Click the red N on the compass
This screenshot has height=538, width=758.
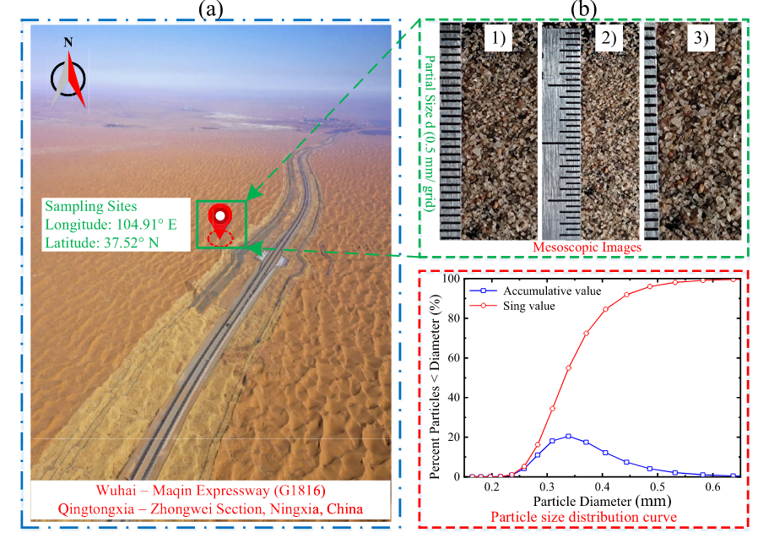(x=68, y=42)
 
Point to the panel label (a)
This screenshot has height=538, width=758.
(x=210, y=9)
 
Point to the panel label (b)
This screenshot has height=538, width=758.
(x=585, y=9)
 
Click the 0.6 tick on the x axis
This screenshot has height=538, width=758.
(x=714, y=487)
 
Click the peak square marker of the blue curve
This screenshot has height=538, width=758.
(x=569, y=436)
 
